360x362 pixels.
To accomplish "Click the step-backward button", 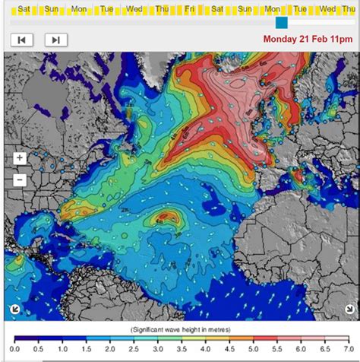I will [x=21, y=40].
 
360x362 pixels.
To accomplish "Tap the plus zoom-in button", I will [x=20, y=158].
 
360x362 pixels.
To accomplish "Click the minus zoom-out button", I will [x=20, y=180].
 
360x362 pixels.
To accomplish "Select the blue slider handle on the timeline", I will [x=282, y=23].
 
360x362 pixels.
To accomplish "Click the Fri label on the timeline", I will [x=189, y=9].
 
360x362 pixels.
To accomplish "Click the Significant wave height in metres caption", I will [x=183, y=329].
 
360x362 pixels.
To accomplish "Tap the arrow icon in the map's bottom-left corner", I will [x=15, y=309].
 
